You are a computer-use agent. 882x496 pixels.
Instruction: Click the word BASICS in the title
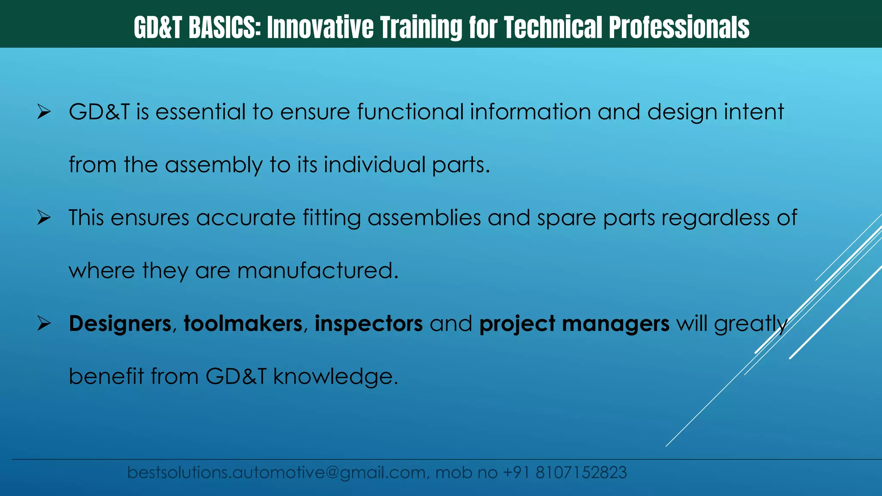coord(224,28)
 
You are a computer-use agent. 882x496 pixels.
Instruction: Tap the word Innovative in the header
coord(320,28)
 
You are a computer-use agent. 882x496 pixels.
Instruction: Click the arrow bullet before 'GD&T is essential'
coord(44,112)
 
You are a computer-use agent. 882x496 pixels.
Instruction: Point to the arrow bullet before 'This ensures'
coord(44,218)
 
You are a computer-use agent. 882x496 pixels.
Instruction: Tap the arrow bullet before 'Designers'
coord(44,324)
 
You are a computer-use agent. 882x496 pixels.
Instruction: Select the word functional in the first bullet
coord(410,112)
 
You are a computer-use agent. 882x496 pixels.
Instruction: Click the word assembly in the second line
coord(214,165)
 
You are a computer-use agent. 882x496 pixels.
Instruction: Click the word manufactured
coord(317,271)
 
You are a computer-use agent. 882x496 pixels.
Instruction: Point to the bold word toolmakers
coord(243,324)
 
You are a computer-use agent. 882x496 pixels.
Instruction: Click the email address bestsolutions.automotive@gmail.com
coord(276,473)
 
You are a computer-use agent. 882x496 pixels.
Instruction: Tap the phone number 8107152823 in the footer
coord(581,473)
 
